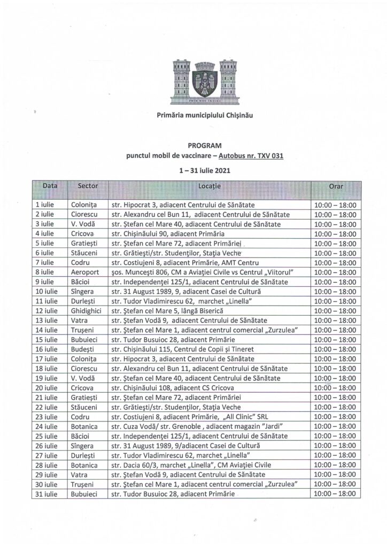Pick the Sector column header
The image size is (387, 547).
click(x=87, y=187)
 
